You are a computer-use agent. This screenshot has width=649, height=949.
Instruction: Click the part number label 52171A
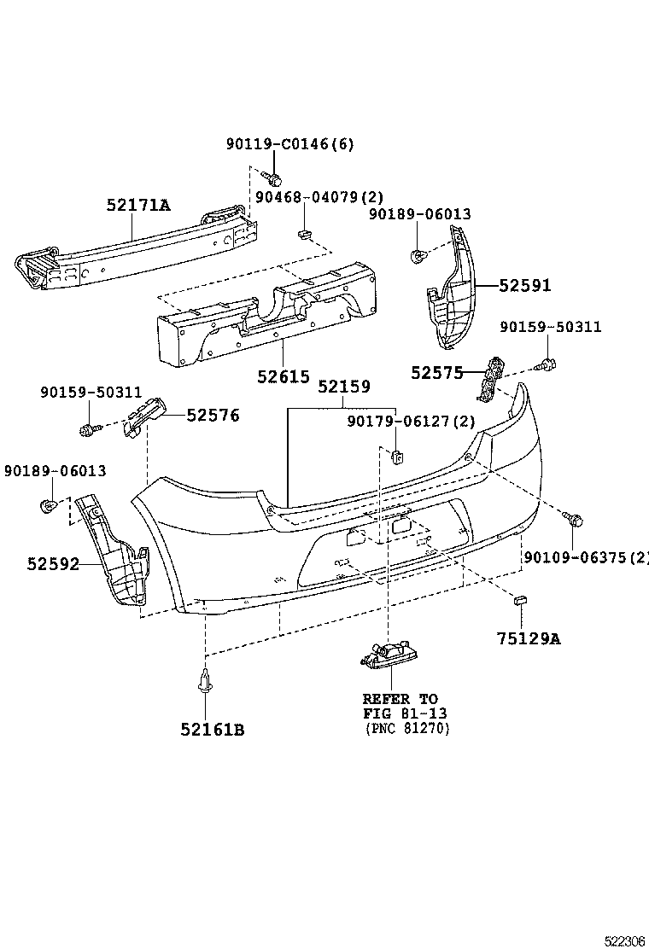tap(138, 206)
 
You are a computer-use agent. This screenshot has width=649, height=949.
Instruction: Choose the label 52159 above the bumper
tap(343, 387)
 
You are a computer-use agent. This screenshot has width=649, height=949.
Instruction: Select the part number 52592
tap(53, 563)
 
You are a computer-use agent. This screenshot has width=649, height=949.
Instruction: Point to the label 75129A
tap(529, 638)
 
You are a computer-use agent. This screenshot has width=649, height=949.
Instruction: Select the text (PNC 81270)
tap(406, 728)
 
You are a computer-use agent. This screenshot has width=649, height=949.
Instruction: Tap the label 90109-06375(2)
tap(586, 558)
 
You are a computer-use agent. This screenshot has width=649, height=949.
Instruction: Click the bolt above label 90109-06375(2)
tap(575, 519)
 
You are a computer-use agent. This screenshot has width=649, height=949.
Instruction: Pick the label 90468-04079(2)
tap(313, 197)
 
